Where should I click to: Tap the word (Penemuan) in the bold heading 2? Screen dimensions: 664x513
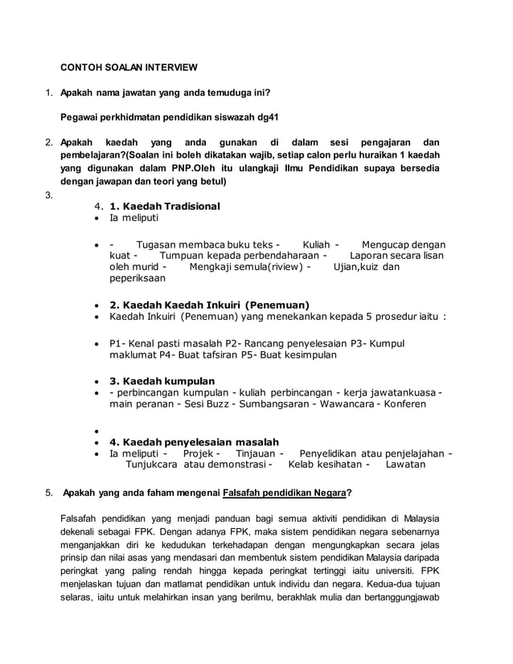pos(277,305)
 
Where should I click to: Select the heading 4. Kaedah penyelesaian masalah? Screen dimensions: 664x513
pos(194,441)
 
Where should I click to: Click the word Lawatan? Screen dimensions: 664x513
pos(405,464)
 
